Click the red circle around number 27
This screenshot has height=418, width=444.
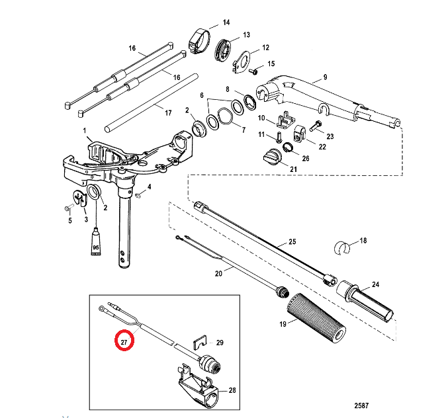[124, 341]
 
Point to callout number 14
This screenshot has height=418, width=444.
[226, 22]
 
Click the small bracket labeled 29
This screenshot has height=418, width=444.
[198, 343]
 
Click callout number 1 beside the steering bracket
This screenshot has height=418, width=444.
[84, 131]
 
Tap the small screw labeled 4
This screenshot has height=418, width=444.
[138, 194]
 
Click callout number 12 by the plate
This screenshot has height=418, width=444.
[266, 48]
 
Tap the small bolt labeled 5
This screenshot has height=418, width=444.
[68, 208]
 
